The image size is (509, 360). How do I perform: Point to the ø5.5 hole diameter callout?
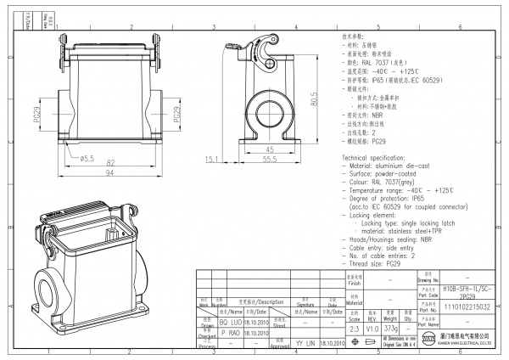point(85,158)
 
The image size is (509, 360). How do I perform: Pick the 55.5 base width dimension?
point(269,159)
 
